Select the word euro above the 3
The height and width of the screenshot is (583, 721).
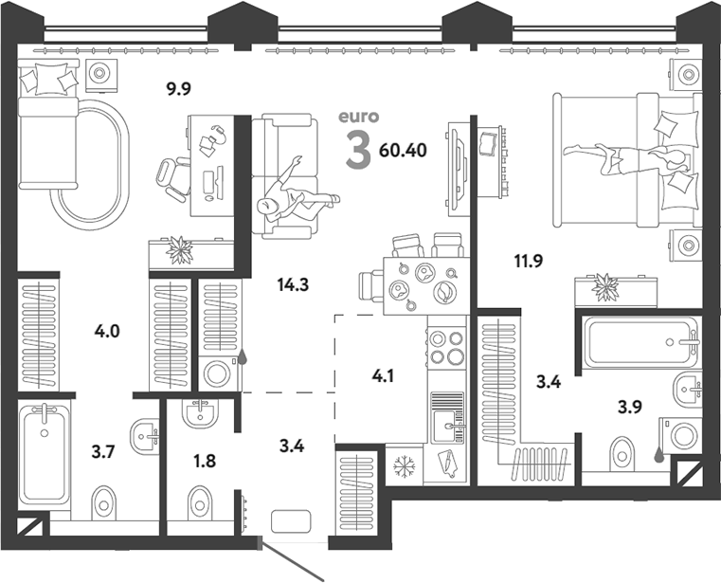tap(359, 118)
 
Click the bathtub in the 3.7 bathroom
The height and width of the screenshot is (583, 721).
tap(45, 454)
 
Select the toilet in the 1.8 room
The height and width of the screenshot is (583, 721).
tap(200, 499)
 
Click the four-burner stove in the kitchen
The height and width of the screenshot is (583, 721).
tap(445, 348)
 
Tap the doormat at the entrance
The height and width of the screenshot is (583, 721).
tap(292, 521)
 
